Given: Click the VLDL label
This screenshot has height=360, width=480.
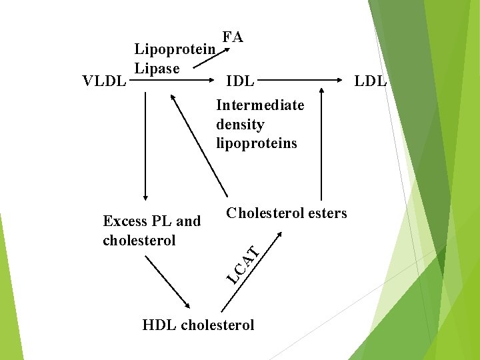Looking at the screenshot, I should (x=103, y=81).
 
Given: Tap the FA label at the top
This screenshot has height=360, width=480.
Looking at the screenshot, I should (x=233, y=37).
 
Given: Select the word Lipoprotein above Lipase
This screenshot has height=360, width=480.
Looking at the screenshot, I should (x=174, y=49).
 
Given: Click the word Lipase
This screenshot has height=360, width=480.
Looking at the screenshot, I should (x=157, y=68).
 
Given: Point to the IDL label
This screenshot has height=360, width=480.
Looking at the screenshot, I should (x=240, y=81).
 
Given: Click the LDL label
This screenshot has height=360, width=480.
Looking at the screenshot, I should (x=370, y=81).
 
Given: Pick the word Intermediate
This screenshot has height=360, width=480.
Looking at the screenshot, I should (x=260, y=105).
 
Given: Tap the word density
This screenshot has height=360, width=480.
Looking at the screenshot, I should (x=240, y=124).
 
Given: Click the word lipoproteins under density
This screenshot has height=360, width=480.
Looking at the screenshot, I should (x=257, y=143).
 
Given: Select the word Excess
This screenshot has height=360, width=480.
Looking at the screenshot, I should (x=125, y=221).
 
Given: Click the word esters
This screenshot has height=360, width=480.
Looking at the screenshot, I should (x=325, y=213).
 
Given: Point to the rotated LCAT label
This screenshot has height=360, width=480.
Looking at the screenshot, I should (x=241, y=263).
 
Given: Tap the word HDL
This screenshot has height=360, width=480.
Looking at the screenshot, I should (x=159, y=325).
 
